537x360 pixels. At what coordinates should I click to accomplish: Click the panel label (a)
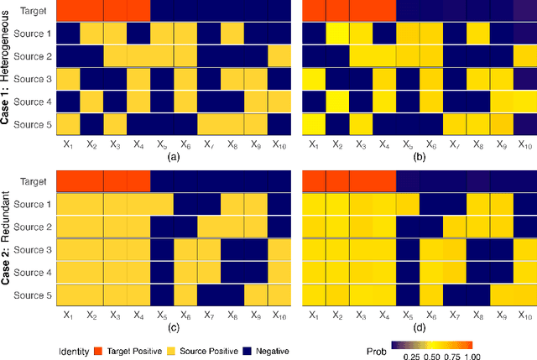(174, 157)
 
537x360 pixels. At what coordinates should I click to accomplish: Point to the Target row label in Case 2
(34, 181)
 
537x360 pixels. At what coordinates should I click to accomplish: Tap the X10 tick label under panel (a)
(279, 144)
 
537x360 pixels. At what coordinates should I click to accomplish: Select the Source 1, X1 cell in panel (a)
(68, 34)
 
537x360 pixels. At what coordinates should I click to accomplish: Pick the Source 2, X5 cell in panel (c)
(162, 227)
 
